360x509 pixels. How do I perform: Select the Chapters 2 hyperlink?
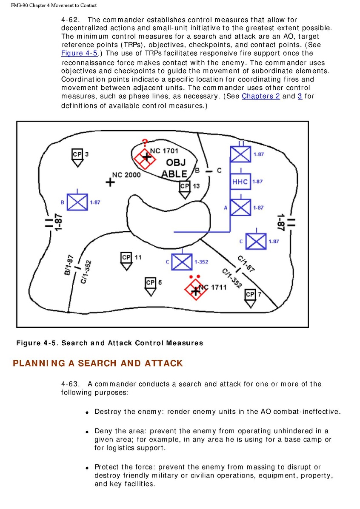click(x=260, y=96)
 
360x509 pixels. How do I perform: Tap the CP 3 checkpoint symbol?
click(x=77, y=156)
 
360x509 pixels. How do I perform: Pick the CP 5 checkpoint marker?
click(x=150, y=285)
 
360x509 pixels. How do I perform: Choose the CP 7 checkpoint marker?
click(x=250, y=297)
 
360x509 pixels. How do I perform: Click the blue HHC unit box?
click(x=240, y=182)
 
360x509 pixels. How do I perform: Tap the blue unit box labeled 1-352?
click(x=182, y=262)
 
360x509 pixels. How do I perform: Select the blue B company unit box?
click(x=77, y=202)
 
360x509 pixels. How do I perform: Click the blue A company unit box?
click(x=240, y=208)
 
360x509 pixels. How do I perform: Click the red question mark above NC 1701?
click(x=145, y=142)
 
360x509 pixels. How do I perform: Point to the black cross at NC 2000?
click(x=110, y=182)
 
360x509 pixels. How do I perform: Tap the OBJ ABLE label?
click(x=175, y=168)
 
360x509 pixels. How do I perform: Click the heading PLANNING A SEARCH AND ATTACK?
click(x=98, y=363)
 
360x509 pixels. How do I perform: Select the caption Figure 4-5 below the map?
click(x=109, y=343)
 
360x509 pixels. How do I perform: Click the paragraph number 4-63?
click(x=71, y=384)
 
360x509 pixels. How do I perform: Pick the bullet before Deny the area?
click(x=86, y=432)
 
